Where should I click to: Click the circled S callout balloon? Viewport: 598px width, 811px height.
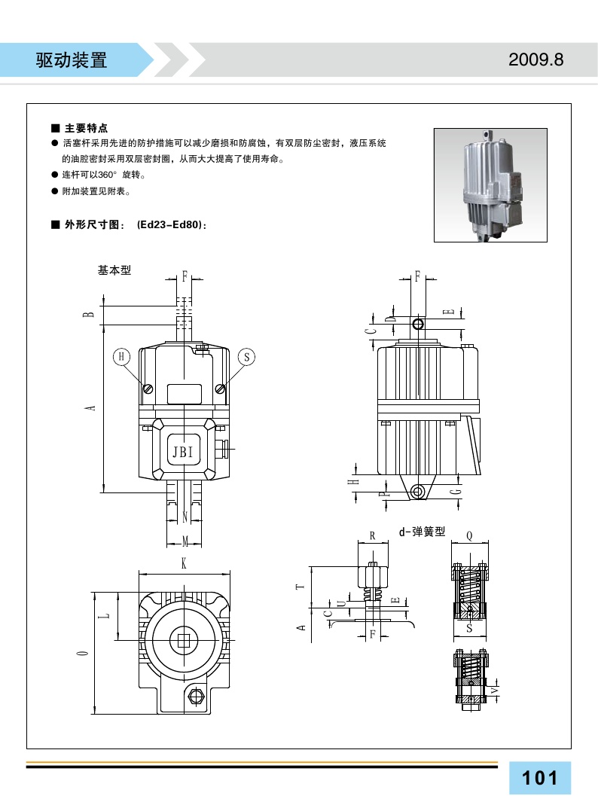(246, 356)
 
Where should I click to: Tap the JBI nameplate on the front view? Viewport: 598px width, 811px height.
(183, 453)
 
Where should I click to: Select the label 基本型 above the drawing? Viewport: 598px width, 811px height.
(114, 270)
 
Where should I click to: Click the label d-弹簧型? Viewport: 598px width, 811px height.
(422, 532)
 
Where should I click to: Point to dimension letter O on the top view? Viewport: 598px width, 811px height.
(82, 652)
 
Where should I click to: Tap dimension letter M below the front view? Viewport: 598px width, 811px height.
(185, 539)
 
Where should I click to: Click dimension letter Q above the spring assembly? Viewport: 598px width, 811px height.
(469, 535)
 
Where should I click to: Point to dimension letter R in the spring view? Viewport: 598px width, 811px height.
(372, 535)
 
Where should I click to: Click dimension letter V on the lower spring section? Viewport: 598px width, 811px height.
(494, 689)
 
